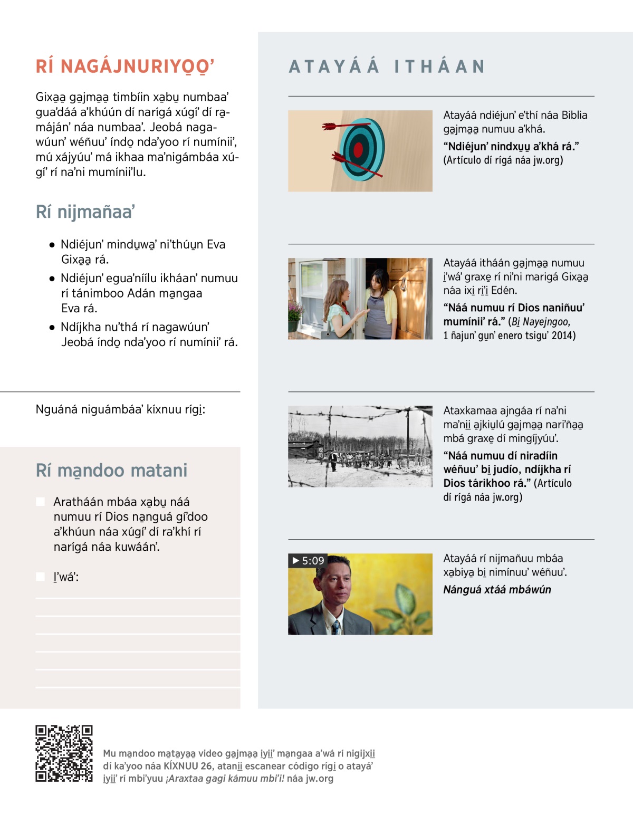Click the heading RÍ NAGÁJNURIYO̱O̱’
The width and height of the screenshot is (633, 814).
(125, 67)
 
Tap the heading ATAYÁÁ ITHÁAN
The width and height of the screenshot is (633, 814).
(387, 67)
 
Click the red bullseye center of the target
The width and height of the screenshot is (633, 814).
(359, 150)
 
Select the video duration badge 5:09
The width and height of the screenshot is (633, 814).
(308, 560)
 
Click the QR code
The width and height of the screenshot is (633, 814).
(64, 753)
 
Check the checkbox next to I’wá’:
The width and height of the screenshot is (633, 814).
(40, 577)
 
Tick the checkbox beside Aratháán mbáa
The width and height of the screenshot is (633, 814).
(40, 502)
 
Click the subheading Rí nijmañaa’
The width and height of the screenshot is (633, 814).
(85, 212)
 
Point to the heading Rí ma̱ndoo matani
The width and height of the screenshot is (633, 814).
(111, 471)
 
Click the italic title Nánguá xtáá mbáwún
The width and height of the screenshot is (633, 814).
(497, 590)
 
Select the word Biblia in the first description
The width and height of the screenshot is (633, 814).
(574, 115)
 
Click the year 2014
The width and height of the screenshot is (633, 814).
(563, 336)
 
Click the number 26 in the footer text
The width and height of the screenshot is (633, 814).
(206, 766)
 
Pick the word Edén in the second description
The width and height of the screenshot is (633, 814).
(504, 290)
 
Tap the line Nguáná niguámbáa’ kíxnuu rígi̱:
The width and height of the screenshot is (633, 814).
(120, 409)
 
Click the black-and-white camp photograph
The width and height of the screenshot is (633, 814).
(360, 446)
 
